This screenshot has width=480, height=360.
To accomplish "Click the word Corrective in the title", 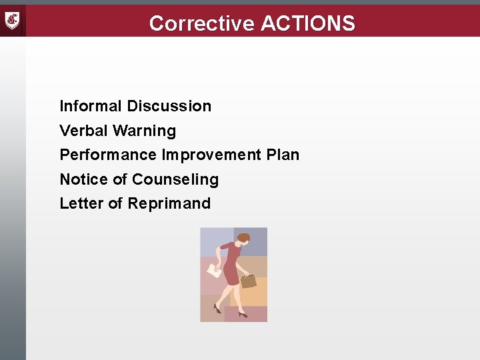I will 202,23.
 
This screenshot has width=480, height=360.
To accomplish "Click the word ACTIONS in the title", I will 308,23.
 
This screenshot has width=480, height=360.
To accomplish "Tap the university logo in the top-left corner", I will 13,21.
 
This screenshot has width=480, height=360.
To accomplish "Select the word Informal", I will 91,106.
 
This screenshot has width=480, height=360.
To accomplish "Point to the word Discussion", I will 169,106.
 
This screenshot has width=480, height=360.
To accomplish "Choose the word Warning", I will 145,131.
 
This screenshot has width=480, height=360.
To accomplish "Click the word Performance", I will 108,155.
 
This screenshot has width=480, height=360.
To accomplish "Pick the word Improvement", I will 211,155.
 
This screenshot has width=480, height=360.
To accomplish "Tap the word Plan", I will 283,155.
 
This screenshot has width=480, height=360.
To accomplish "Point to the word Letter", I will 81,203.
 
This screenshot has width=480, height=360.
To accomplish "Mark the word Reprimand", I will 169,203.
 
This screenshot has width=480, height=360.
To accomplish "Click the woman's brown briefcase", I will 248,281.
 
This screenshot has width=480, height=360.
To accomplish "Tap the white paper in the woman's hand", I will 215,271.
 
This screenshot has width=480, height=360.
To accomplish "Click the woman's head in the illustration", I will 243,238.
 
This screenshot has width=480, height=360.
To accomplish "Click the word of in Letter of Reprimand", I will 115,203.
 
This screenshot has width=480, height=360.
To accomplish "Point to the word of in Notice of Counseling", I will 120,179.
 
